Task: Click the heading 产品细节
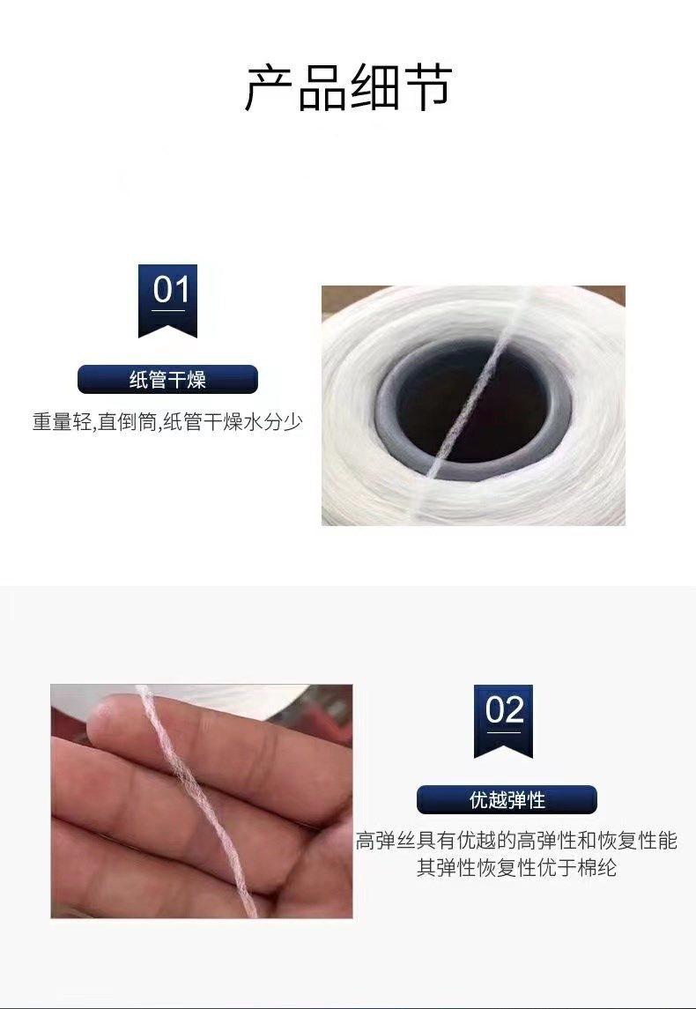[x=347, y=87]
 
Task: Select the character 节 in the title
[x=426, y=87]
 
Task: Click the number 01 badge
[x=167, y=296]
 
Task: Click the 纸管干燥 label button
[x=167, y=380]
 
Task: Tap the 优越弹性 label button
[x=507, y=800]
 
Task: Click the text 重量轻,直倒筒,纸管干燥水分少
[x=167, y=422]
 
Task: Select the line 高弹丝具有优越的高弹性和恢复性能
[x=516, y=841]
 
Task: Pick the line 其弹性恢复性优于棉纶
[x=516, y=868]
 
